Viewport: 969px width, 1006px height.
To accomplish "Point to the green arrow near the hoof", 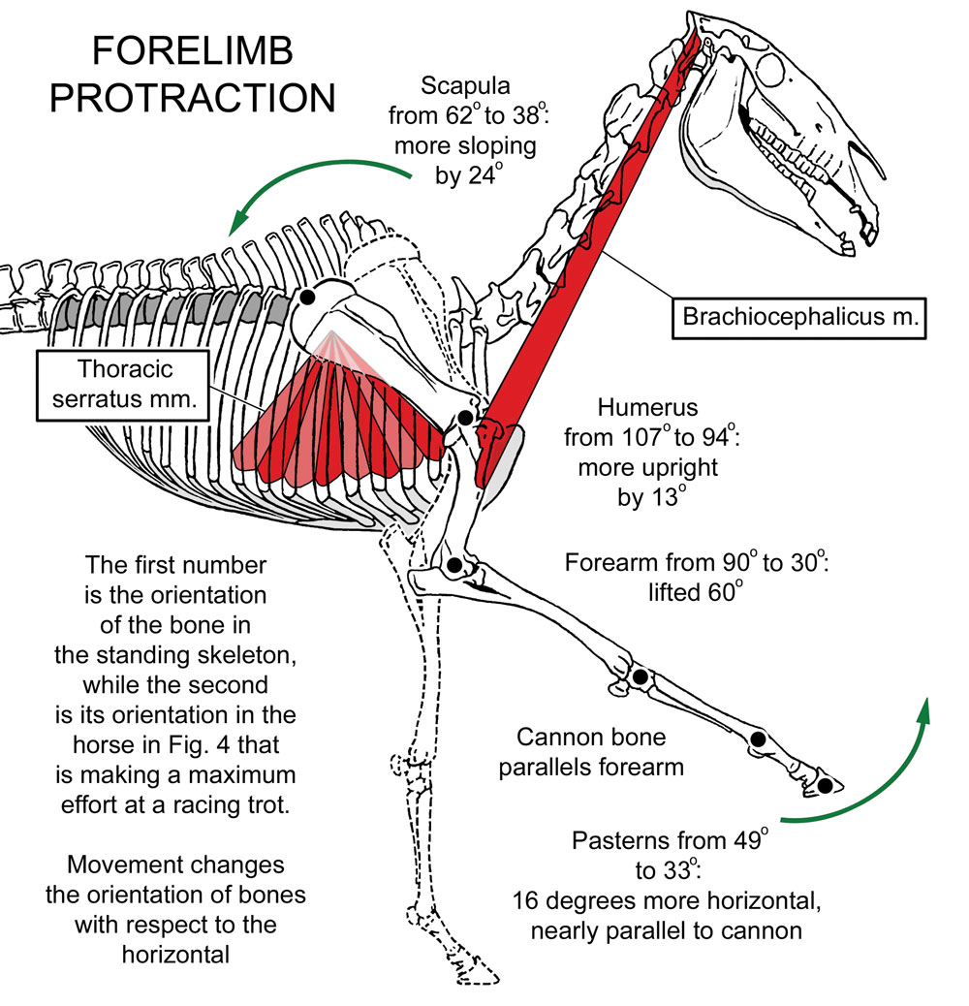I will click(x=872, y=775).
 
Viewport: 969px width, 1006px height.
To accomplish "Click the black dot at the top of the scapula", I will click(x=306, y=298).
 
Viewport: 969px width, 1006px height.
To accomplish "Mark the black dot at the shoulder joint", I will click(x=465, y=418).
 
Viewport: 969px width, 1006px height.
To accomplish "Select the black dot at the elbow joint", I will click(x=454, y=565).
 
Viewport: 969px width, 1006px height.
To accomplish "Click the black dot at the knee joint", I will click(x=640, y=676).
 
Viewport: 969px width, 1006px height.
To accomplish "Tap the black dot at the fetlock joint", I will click(x=758, y=740).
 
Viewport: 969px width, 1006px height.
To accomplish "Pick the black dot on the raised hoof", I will click(x=825, y=785).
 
